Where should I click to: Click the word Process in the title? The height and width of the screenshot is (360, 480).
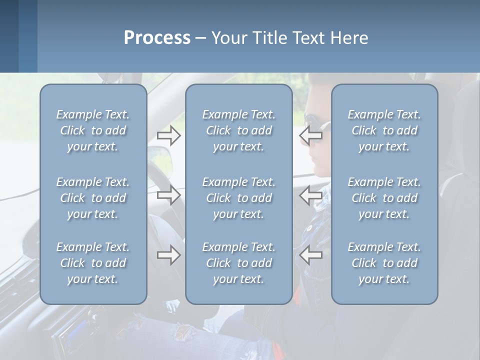point(157,38)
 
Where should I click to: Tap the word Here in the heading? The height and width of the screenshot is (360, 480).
point(349,38)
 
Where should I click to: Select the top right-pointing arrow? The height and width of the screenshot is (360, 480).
point(169,135)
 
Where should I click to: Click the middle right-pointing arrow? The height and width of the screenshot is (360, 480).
point(169,194)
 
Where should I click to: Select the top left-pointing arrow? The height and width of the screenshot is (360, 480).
point(311,135)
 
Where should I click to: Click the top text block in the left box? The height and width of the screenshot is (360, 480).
point(93,130)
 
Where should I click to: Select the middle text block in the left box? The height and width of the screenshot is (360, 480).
point(93,198)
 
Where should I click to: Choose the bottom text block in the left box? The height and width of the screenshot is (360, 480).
point(93,263)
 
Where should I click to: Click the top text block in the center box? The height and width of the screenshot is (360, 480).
point(239,130)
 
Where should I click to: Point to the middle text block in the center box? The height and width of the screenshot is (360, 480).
point(239,198)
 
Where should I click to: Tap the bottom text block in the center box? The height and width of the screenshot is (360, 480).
point(239,263)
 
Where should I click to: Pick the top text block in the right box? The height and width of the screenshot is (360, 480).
point(384,130)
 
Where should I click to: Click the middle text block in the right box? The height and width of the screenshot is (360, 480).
point(384,198)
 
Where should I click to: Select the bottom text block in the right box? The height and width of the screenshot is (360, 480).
point(384,263)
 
